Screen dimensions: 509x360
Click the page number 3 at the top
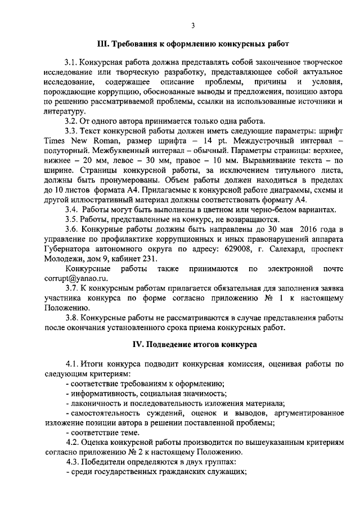pos(192,25)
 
